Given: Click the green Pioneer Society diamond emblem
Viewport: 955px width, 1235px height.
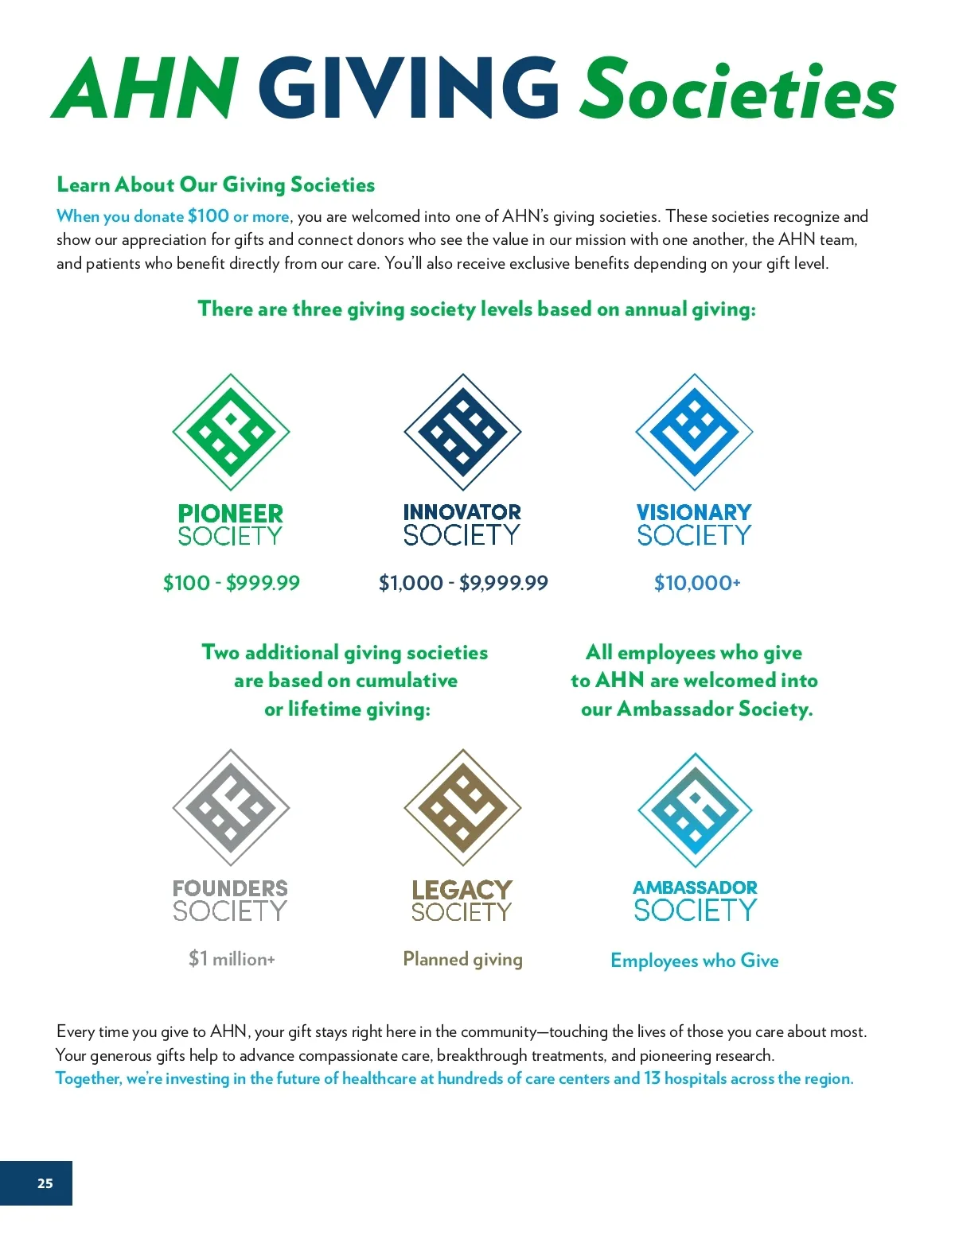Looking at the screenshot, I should [x=231, y=432].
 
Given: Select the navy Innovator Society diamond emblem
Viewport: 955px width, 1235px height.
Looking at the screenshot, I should [x=462, y=432].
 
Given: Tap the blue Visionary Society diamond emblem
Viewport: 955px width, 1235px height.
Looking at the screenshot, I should [x=694, y=432].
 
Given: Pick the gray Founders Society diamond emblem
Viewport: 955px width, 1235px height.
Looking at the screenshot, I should [x=231, y=807].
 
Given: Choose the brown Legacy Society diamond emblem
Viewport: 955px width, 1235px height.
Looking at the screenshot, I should [x=462, y=807].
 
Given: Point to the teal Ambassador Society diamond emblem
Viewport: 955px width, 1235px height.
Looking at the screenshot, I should [x=695, y=810].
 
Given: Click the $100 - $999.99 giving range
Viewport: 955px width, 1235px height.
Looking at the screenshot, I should [x=232, y=583].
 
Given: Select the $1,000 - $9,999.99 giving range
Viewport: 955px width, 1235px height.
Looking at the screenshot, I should [x=463, y=583].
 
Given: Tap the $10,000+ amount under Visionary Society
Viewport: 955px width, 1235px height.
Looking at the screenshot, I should [x=697, y=583].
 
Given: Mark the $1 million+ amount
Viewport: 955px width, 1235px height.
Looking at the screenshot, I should [x=232, y=958].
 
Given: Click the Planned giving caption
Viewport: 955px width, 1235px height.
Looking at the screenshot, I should [x=462, y=959].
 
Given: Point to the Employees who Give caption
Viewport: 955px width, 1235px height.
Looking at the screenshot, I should [x=695, y=961].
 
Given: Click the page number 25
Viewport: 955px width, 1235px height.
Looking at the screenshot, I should [x=45, y=1183].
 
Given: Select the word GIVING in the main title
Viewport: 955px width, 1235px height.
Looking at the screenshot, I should [x=408, y=88].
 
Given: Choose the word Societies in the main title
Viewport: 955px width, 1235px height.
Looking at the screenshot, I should [x=738, y=88].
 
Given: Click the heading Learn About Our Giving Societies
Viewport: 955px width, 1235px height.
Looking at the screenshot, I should [x=216, y=184].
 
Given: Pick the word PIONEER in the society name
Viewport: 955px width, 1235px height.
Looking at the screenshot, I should [x=231, y=513].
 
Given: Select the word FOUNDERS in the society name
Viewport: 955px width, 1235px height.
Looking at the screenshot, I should [x=231, y=887].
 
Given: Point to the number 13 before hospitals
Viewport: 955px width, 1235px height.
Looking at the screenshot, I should [x=652, y=1078].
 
